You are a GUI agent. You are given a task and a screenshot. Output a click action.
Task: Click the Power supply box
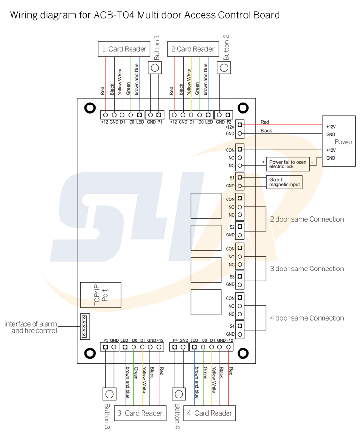click(x=338, y=141)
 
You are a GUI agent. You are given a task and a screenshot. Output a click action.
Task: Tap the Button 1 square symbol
click(x=155, y=68)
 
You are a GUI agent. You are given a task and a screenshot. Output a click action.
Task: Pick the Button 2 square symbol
click(x=224, y=68)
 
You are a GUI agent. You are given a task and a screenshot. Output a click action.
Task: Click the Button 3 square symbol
click(x=109, y=394)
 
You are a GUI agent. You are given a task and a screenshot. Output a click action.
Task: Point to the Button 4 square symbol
click(x=179, y=394)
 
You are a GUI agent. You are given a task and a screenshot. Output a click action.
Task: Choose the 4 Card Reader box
click(x=209, y=413)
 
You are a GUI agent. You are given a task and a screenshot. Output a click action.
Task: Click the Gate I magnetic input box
click(x=285, y=181)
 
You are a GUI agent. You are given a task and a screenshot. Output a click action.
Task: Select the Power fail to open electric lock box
click(x=287, y=164)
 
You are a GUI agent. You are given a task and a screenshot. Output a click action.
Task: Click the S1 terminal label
click(x=231, y=177)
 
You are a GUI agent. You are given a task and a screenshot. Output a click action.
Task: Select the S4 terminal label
click(x=231, y=326)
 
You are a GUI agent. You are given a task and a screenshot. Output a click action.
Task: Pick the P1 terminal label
click(x=159, y=122)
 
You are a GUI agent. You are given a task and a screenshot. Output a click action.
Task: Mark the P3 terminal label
click(x=106, y=340)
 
